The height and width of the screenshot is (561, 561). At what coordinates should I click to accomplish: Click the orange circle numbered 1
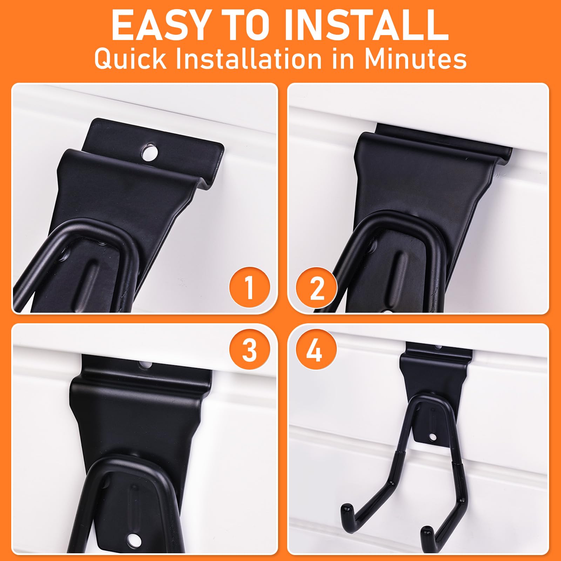[x=249, y=288]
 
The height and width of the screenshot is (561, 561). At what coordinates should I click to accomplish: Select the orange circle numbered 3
[x=249, y=350]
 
